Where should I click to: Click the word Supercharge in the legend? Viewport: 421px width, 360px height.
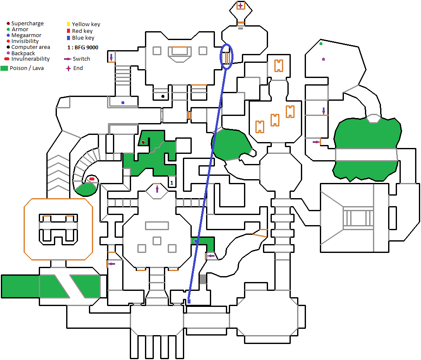(27, 24)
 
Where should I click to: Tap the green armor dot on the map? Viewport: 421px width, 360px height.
(321, 43)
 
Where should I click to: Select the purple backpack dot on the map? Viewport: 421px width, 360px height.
(323, 59)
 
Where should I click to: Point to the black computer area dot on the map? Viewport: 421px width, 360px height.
(163, 96)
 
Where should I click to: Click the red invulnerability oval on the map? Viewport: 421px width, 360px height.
(91, 179)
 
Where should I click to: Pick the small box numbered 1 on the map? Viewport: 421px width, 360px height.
(172, 182)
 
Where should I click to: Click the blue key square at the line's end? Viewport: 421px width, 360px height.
(189, 301)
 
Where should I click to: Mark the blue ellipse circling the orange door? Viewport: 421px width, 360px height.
(227, 56)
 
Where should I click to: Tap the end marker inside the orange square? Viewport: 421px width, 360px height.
(240, 5)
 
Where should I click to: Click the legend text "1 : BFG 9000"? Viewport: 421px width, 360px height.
(83, 48)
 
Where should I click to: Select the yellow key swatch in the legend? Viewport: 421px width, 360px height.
(69, 24)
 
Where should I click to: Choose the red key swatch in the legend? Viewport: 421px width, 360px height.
(69, 31)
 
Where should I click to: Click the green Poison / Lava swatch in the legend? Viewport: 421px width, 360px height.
(5, 68)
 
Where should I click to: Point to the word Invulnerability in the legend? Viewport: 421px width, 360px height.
(30, 59)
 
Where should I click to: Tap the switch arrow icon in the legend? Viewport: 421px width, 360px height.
(67, 59)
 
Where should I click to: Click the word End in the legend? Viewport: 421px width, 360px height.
(78, 68)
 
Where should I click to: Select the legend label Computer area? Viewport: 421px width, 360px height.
(31, 47)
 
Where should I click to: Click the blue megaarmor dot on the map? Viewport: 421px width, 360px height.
(123, 102)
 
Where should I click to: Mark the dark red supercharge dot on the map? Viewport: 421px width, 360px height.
(143, 142)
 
